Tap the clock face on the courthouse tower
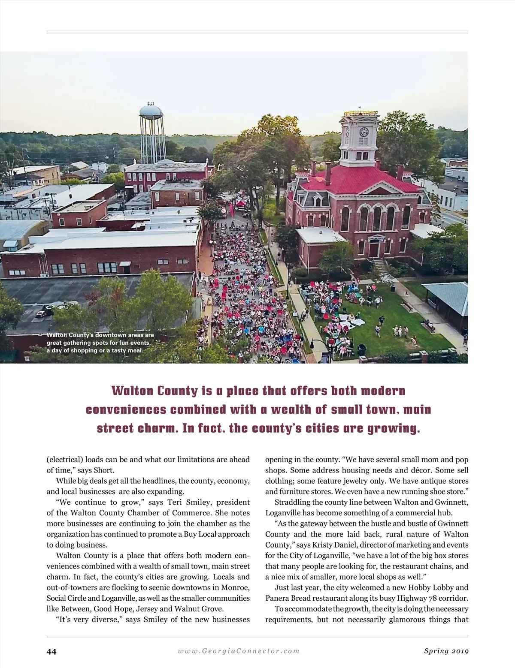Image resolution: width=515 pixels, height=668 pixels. tap(364, 132)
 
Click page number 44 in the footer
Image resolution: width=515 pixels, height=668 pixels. tap(51, 651)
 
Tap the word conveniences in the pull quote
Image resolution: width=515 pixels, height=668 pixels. tap(126, 409)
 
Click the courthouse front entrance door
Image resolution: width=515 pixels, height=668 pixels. tap(374, 249)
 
